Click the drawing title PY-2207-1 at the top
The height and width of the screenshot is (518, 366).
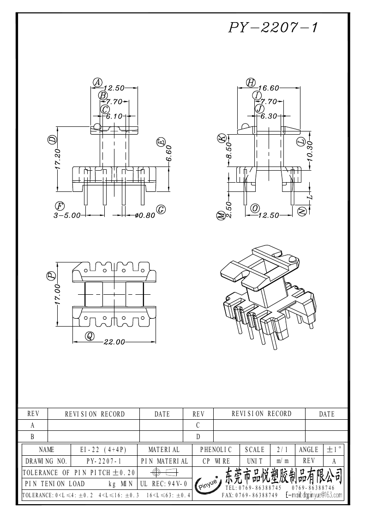[272, 28]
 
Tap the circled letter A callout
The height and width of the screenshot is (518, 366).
[97, 82]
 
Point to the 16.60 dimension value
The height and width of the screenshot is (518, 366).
[269, 88]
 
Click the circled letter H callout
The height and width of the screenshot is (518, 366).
[251, 82]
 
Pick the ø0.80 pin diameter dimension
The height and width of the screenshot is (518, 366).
[145, 215]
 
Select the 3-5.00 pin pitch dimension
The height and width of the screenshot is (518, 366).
[67, 215]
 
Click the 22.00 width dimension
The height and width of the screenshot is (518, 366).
[114, 342]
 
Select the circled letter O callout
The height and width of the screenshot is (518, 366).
[254, 208]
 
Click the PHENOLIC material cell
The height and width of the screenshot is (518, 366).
[216, 449]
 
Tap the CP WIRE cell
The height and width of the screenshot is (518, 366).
[216, 461]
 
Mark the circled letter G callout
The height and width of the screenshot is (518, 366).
[161, 210]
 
